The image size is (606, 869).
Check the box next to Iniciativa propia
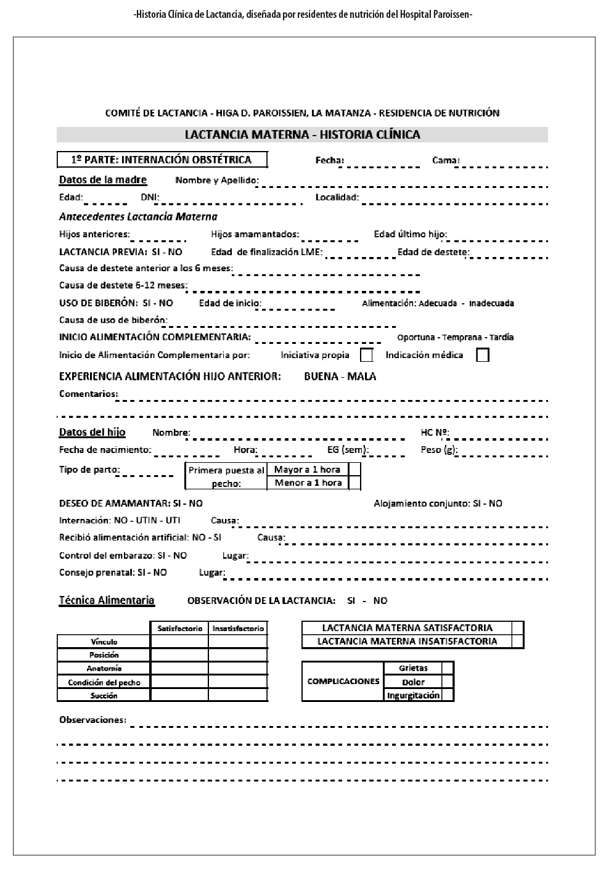[366, 355]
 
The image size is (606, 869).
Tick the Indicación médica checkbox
[483, 355]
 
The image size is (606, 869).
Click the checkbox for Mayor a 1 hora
[354, 470]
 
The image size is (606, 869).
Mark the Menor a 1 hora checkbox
[354, 483]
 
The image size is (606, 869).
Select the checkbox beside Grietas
[448, 668]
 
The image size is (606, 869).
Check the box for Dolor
[448, 682]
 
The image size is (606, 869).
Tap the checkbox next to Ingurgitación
[448, 695]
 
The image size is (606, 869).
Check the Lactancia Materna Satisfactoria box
[518, 628]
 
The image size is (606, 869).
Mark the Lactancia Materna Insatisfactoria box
[518, 642]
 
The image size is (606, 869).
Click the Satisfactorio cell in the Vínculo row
[179, 642]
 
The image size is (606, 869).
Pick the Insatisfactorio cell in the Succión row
[238, 695]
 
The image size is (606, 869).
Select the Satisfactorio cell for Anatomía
[179, 668]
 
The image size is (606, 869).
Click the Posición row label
[104, 655]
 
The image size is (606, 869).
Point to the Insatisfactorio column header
[238, 629]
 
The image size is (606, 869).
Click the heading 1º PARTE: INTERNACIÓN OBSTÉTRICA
[162, 160]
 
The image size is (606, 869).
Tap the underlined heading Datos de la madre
[103, 180]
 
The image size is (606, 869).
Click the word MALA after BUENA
[362, 377]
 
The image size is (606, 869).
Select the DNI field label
[150, 197]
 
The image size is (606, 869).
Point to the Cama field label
[446, 160]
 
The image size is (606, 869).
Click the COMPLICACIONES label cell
[343, 682]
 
